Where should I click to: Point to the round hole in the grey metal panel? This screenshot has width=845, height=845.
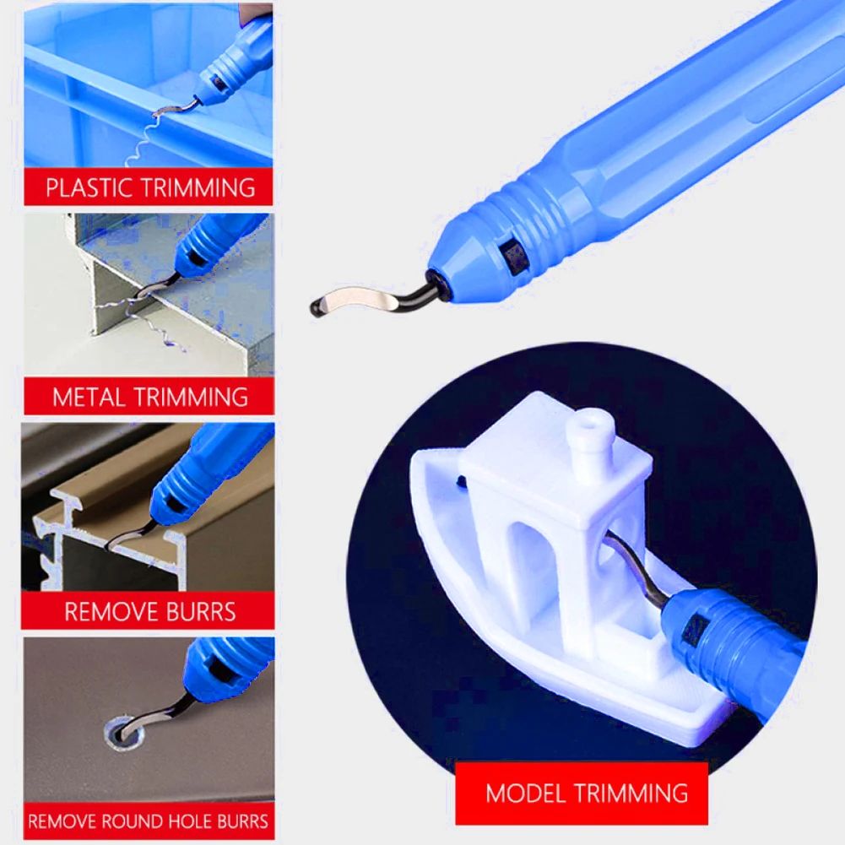pos(122,734)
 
